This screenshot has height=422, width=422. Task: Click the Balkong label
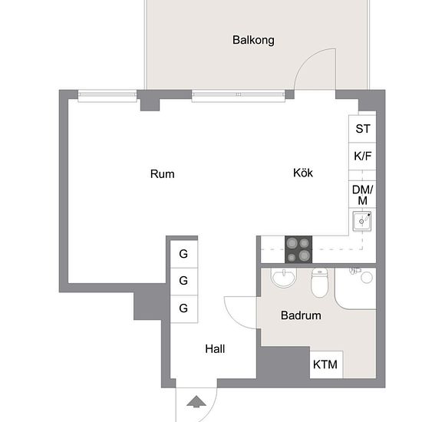253,41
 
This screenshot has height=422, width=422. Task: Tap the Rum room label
163,174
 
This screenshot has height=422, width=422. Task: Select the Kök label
303,173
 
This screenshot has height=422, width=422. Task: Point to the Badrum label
301,315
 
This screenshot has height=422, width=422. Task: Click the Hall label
215,349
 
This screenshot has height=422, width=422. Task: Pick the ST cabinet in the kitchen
362,129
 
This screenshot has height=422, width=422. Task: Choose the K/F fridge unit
362,157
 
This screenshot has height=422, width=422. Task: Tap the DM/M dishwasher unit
362,194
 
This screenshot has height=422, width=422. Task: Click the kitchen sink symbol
362,221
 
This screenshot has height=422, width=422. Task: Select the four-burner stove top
298,249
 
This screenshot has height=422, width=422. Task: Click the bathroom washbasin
283,278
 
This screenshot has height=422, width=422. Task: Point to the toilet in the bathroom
319,282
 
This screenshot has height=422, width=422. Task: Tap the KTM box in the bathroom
326,364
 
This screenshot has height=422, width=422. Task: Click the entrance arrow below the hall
196,401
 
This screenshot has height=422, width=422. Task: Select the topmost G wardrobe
184,254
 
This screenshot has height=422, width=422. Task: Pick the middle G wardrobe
184,282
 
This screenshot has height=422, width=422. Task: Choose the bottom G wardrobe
184,309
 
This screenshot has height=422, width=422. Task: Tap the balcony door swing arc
306,60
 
